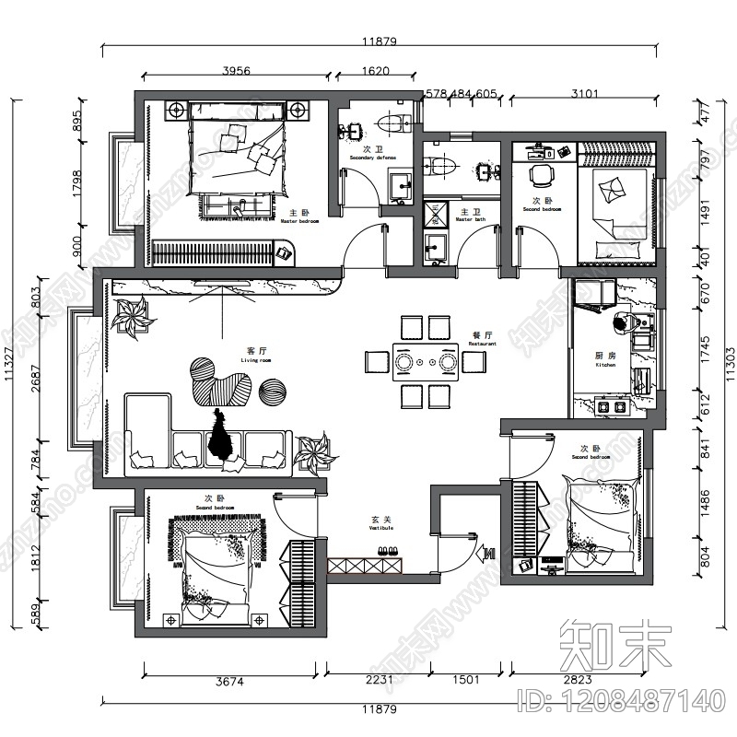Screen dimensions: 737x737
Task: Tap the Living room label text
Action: [256, 356]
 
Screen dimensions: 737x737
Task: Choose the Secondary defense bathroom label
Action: [372, 153]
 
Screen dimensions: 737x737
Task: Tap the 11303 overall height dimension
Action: [729, 350]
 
